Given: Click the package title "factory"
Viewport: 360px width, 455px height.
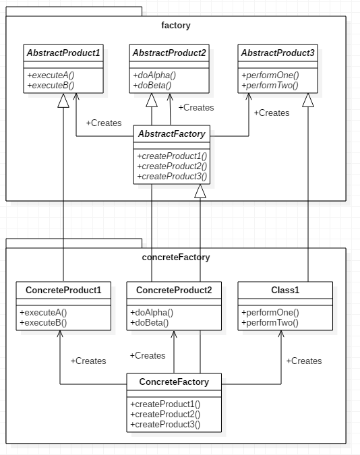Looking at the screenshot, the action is click(x=176, y=25).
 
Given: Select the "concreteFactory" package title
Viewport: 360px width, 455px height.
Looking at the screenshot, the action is click(x=176, y=257).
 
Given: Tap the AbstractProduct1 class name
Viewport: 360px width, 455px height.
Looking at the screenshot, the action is click(x=63, y=53).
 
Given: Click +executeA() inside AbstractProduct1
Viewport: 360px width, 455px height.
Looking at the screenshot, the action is click(x=51, y=75).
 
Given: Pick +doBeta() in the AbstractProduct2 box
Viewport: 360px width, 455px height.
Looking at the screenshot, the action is click(x=152, y=86).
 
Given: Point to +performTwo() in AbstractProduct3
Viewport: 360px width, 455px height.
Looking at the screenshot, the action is click(x=270, y=86).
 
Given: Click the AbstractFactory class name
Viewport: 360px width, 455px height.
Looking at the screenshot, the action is click(x=172, y=133).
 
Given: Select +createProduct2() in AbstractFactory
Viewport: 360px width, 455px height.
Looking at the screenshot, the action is click(x=172, y=166).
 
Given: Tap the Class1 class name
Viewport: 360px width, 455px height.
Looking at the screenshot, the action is click(x=285, y=290).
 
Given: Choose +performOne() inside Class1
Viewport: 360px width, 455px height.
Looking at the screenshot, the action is click(x=270, y=313).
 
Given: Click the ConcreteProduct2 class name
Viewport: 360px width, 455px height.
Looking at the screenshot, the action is click(x=174, y=290).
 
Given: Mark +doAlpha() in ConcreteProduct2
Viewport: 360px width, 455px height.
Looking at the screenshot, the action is click(x=152, y=313).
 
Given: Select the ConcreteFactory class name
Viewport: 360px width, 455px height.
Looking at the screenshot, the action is click(x=174, y=382).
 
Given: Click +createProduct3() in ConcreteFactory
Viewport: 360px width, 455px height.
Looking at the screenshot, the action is click(x=165, y=424).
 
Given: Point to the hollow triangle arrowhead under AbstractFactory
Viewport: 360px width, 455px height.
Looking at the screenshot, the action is click(x=200, y=191).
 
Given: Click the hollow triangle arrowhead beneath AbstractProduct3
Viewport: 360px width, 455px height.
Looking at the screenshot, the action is click(x=308, y=100).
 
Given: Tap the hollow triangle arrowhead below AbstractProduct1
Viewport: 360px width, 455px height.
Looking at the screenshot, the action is click(x=63, y=100).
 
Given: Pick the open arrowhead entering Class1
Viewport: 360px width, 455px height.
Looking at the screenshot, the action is click(x=280, y=334).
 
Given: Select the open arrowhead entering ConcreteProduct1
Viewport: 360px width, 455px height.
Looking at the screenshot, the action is click(x=60, y=334).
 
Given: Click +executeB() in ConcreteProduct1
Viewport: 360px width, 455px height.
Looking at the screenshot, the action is click(x=43, y=323).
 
